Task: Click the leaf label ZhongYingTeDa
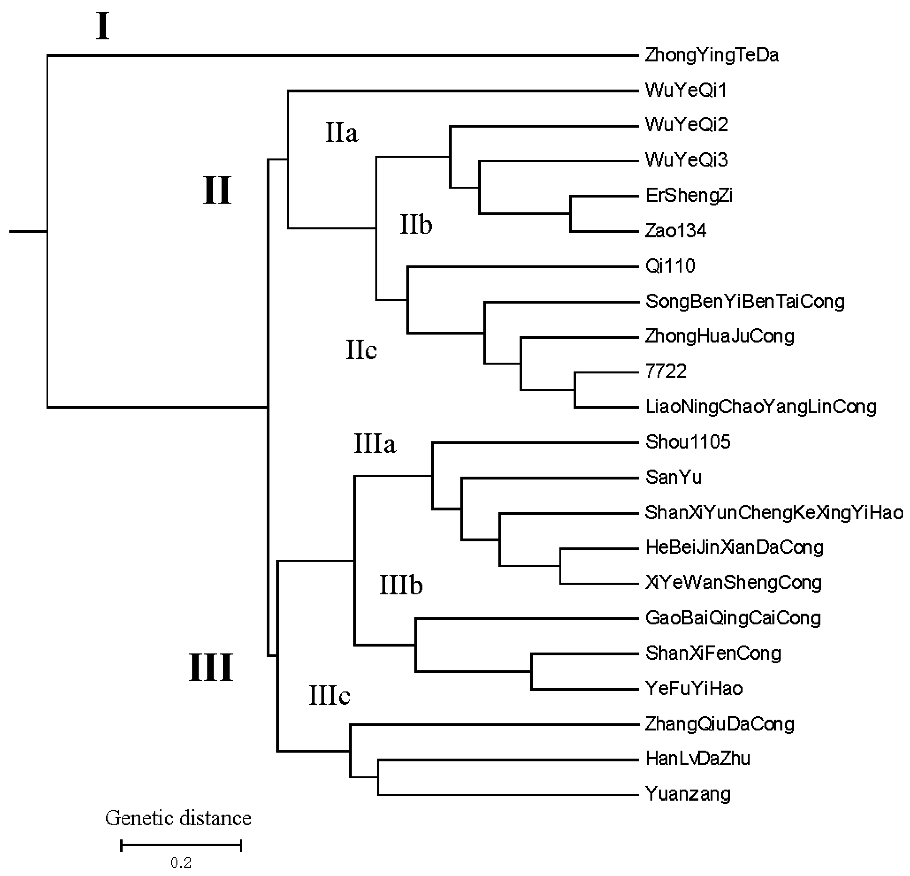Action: tap(711, 55)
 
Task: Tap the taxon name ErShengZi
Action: tap(688, 196)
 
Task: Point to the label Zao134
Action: tap(676, 231)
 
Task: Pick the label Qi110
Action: tap(670, 266)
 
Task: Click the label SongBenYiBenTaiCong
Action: tap(745, 302)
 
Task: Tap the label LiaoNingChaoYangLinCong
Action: tap(761, 407)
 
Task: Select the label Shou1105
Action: tap(688, 442)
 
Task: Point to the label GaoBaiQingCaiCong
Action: tap(733, 618)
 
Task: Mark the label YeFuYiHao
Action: tap(694, 688)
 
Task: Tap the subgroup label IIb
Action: tap(416, 225)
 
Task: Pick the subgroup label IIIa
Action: tap(375, 444)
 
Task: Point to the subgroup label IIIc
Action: tap(329, 696)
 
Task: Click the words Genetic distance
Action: tap(178, 819)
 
